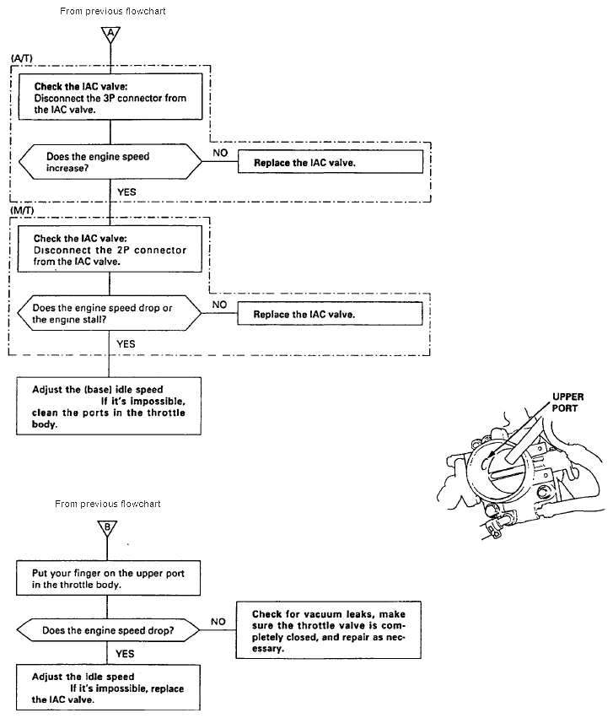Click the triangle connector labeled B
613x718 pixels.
110,527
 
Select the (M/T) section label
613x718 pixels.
22,208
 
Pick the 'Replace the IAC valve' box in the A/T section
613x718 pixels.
330,161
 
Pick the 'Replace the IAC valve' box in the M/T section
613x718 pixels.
330,314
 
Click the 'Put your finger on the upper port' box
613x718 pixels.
110,580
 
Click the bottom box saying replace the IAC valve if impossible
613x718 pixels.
110,688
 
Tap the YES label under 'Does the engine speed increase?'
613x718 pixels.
127,192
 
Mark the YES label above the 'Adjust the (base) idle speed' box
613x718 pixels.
126,343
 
